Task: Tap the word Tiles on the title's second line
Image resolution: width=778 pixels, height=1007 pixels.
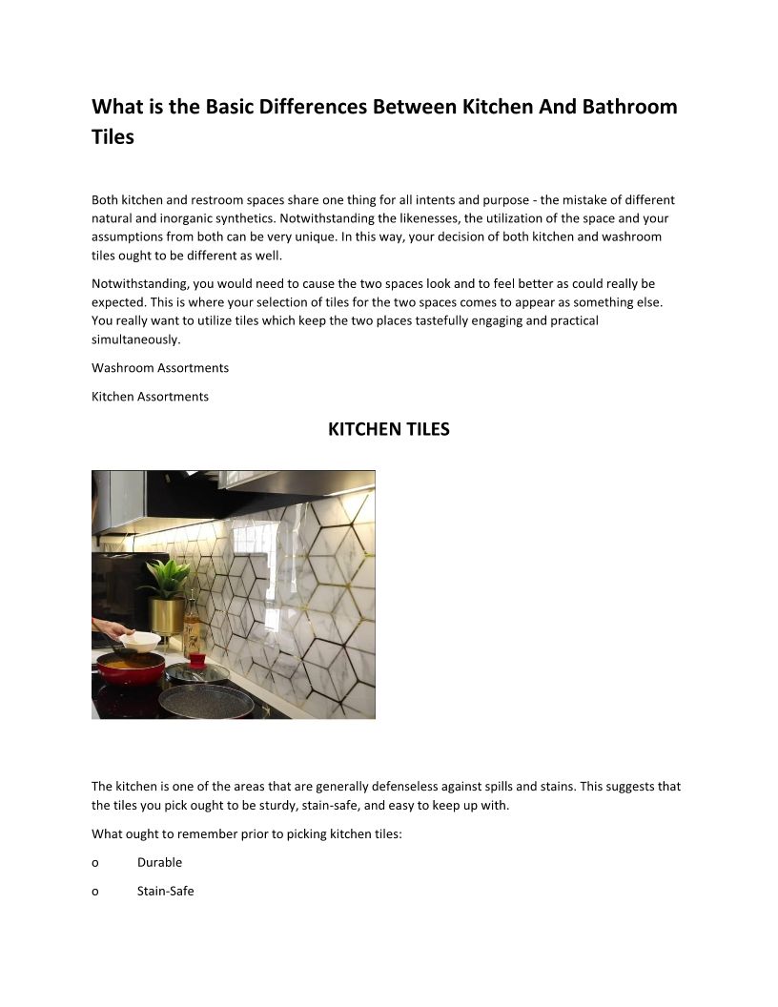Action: tap(113, 136)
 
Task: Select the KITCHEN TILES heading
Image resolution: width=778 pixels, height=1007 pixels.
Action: tap(388, 430)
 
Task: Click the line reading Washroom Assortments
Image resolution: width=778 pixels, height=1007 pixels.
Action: tap(160, 367)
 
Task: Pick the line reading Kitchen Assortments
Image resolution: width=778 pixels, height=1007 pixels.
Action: tap(150, 396)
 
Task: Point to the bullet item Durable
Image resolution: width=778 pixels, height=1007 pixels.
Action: tap(159, 862)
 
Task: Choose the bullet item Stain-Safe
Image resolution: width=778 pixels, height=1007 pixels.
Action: tap(165, 891)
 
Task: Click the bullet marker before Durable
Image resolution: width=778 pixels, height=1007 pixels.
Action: tap(95, 862)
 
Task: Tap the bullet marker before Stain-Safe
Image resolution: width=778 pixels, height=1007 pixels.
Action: tap(95, 891)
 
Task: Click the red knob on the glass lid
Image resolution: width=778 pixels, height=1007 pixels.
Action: tap(197, 659)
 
